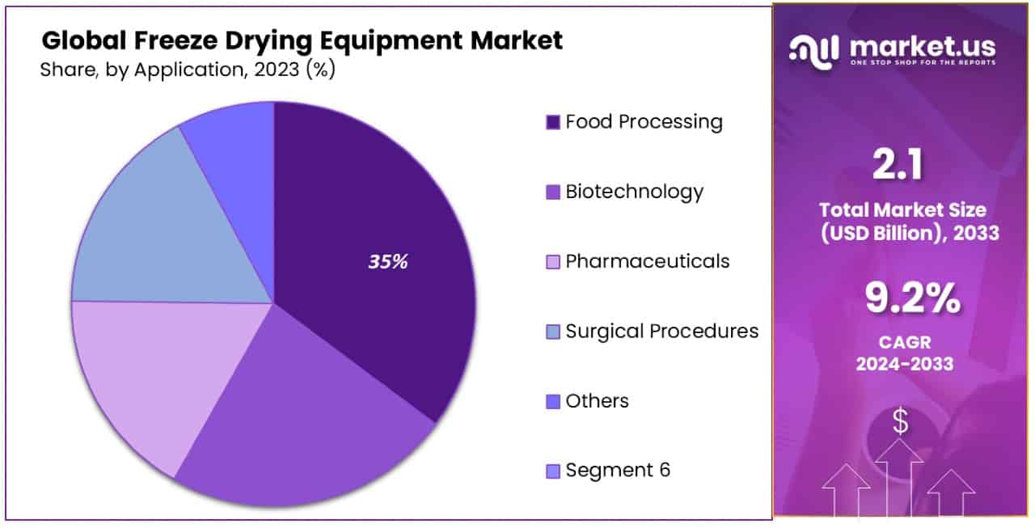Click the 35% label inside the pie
point(388,262)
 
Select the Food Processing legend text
point(644,122)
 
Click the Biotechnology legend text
point(634,192)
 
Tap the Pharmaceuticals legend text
point(647,261)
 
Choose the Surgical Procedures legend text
point(661,331)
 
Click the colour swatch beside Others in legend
point(553,402)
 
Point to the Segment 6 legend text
point(618,470)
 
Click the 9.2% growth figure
point(913,300)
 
